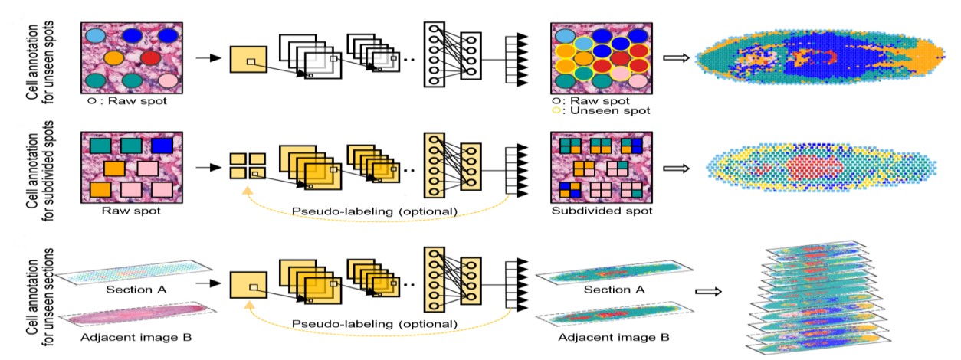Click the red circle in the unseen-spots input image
[x=151, y=57]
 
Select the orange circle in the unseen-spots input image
[x=113, y=57]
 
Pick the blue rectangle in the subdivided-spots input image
[x=161, y=145]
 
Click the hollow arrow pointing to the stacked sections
[x=707, y=291]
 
